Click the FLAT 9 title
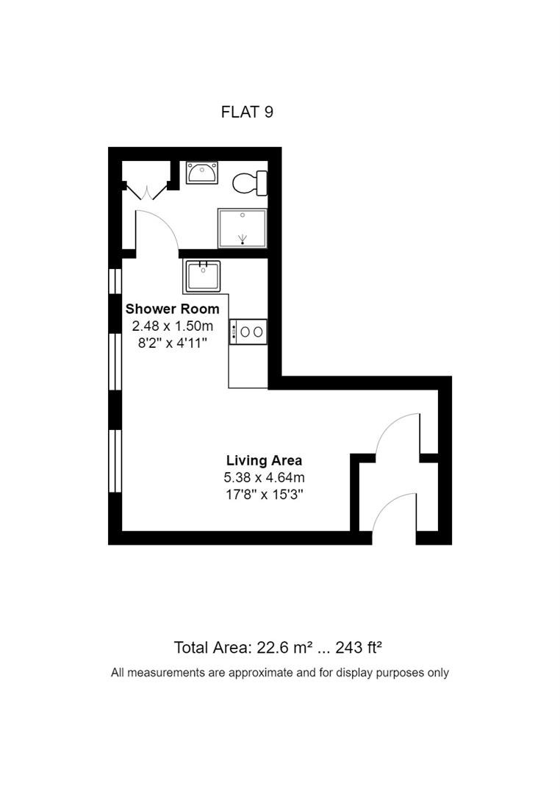pos(247,112)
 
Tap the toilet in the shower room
pos(250,183)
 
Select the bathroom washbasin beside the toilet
pos(201,173)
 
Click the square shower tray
pos(242,229)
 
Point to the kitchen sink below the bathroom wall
pos(203,276)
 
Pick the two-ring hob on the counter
pos(248,332)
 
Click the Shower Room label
pos(172,309)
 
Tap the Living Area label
pos(264,461)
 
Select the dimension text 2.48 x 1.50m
pos(172,326)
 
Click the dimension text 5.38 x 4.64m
pos(264,478)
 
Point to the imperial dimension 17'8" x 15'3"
pos(264,495)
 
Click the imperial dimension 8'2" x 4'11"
pos(172,343)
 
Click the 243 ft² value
pos(358,648)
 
